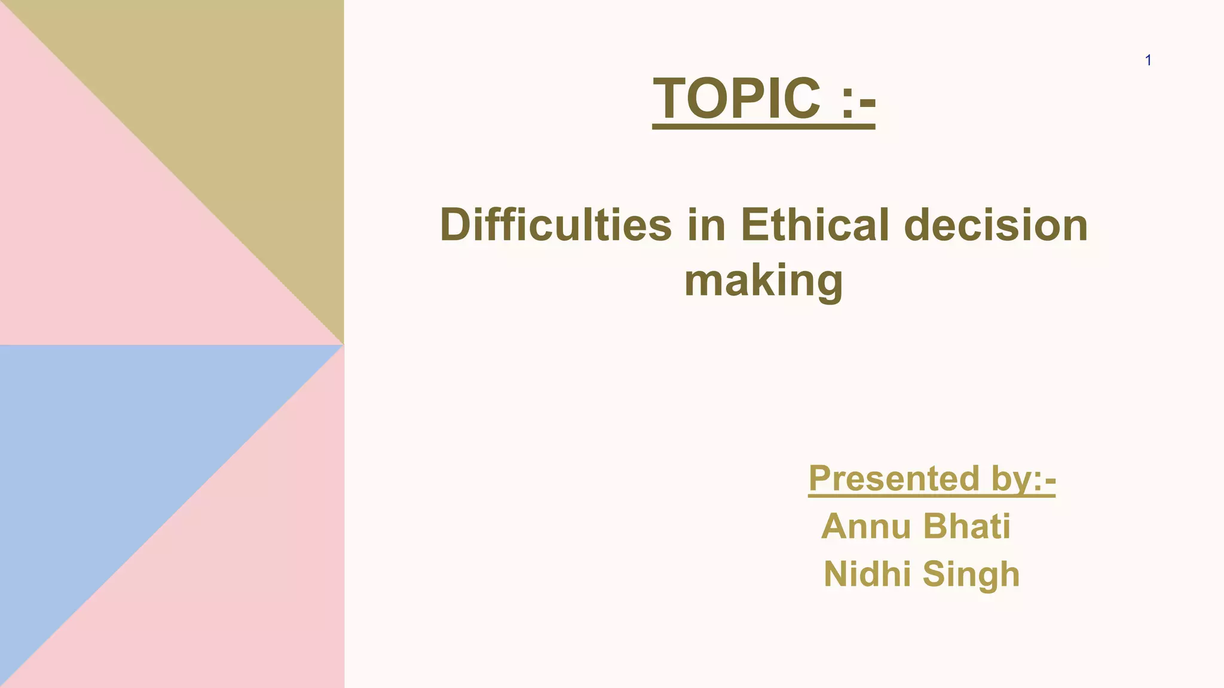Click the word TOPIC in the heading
click(736, 99)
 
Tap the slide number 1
click(1148, 60)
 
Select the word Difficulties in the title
click(556, 225)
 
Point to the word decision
click(996, 225)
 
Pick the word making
click(763, 281)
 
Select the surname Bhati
click(966, 526)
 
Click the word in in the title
click(706, 225)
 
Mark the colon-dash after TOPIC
click(858, 100)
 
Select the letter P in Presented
click(821, 478)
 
